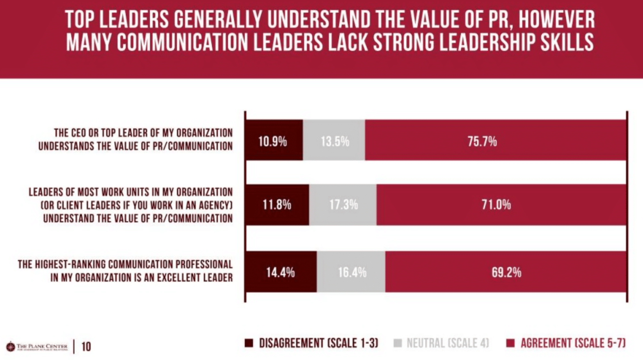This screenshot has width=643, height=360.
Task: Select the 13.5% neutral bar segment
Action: pos(334,140)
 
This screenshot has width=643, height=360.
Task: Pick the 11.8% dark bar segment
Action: pos(277,205)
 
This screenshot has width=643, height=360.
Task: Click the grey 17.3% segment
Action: pos(343,205)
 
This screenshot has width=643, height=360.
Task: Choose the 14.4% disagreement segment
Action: pos(281,272)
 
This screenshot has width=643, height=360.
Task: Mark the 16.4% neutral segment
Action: pos(351,272)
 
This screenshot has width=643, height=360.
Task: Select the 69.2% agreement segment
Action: pos(506,272)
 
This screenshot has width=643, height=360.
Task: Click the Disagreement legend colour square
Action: pos(249,343)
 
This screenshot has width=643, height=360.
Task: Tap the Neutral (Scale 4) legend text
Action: pos(448,343)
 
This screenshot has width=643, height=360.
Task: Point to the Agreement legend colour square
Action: pos(510,343)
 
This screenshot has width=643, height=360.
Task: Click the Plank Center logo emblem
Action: pos(11,347)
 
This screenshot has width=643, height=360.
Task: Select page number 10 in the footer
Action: pos(86,347)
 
